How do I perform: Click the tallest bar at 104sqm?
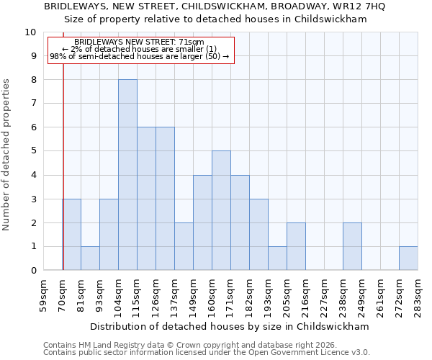(127, 175)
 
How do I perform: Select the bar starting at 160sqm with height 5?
(221, 210)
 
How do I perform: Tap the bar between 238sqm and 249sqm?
(352, 246)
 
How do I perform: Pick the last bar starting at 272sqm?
(408, 258)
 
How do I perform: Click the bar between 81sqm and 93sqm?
(90, 258)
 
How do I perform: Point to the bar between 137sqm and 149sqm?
(184, 246)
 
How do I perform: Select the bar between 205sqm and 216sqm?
(296, 246)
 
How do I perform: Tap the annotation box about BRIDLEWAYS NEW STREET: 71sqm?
(140, 50)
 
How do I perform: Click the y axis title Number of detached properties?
(7, 155)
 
